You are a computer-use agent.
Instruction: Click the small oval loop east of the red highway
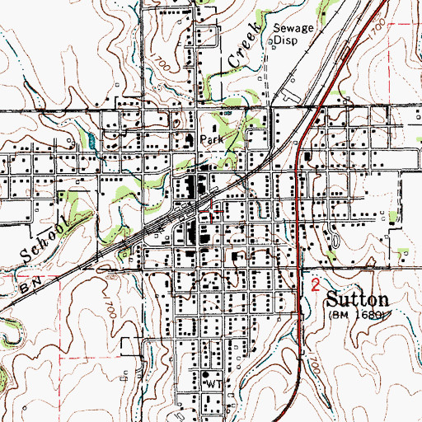coord(335,240)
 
